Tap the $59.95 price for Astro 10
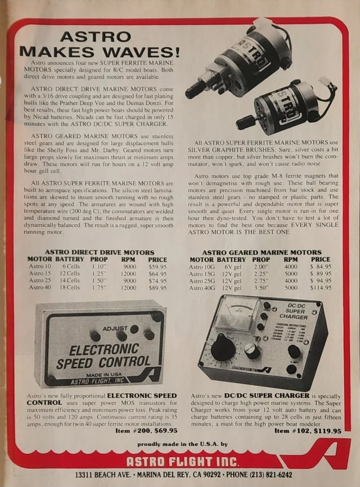[158, 266]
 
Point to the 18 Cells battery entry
[71, 287]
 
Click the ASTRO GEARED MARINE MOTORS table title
[262, 252]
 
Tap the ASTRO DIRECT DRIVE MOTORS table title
[99, 252]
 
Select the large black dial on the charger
[223, 349]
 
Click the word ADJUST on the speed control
[115, 328]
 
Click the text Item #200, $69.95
[147, 430]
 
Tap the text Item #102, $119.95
[308, 431]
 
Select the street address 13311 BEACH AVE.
[103, 475]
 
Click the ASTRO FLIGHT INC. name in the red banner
[183, 461]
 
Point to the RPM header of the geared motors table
[291, 259]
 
